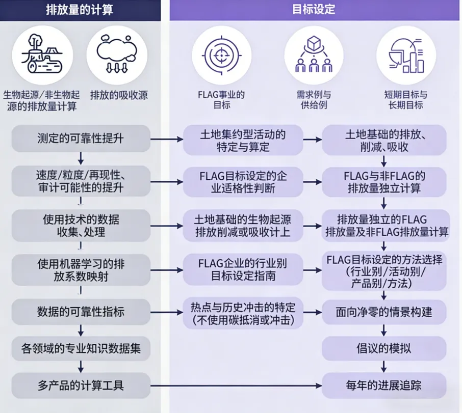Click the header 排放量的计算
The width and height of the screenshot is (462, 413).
pyautogui.click(x=80, y=10)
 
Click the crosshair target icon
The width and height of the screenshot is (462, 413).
pyautogui.click(x=221, y=55)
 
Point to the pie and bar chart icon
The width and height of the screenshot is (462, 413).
pyautogui.click(x=406, y=55)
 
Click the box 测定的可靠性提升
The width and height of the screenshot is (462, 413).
pyautogui.click(x=81, y=139)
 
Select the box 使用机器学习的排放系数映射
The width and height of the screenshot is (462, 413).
pyautogui.click(x=81, y=270)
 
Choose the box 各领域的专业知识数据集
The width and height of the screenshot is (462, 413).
pyautogui.click(x=81, y=348)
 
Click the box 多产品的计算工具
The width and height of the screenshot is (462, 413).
pyautogui.click(x=81, y=385)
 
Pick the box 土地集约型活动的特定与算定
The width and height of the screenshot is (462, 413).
pyautogui.click(x=242, y=140)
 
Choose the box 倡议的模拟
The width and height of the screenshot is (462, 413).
pyautogui.click(x=384, y=348)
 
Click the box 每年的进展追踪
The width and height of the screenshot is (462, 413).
pyautogui.click(x=384, y=385)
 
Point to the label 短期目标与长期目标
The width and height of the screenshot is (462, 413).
pyautogui.click(x=406, y=100)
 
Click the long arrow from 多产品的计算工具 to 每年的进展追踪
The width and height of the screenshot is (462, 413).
pyautogui.click(x=235, y=385)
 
